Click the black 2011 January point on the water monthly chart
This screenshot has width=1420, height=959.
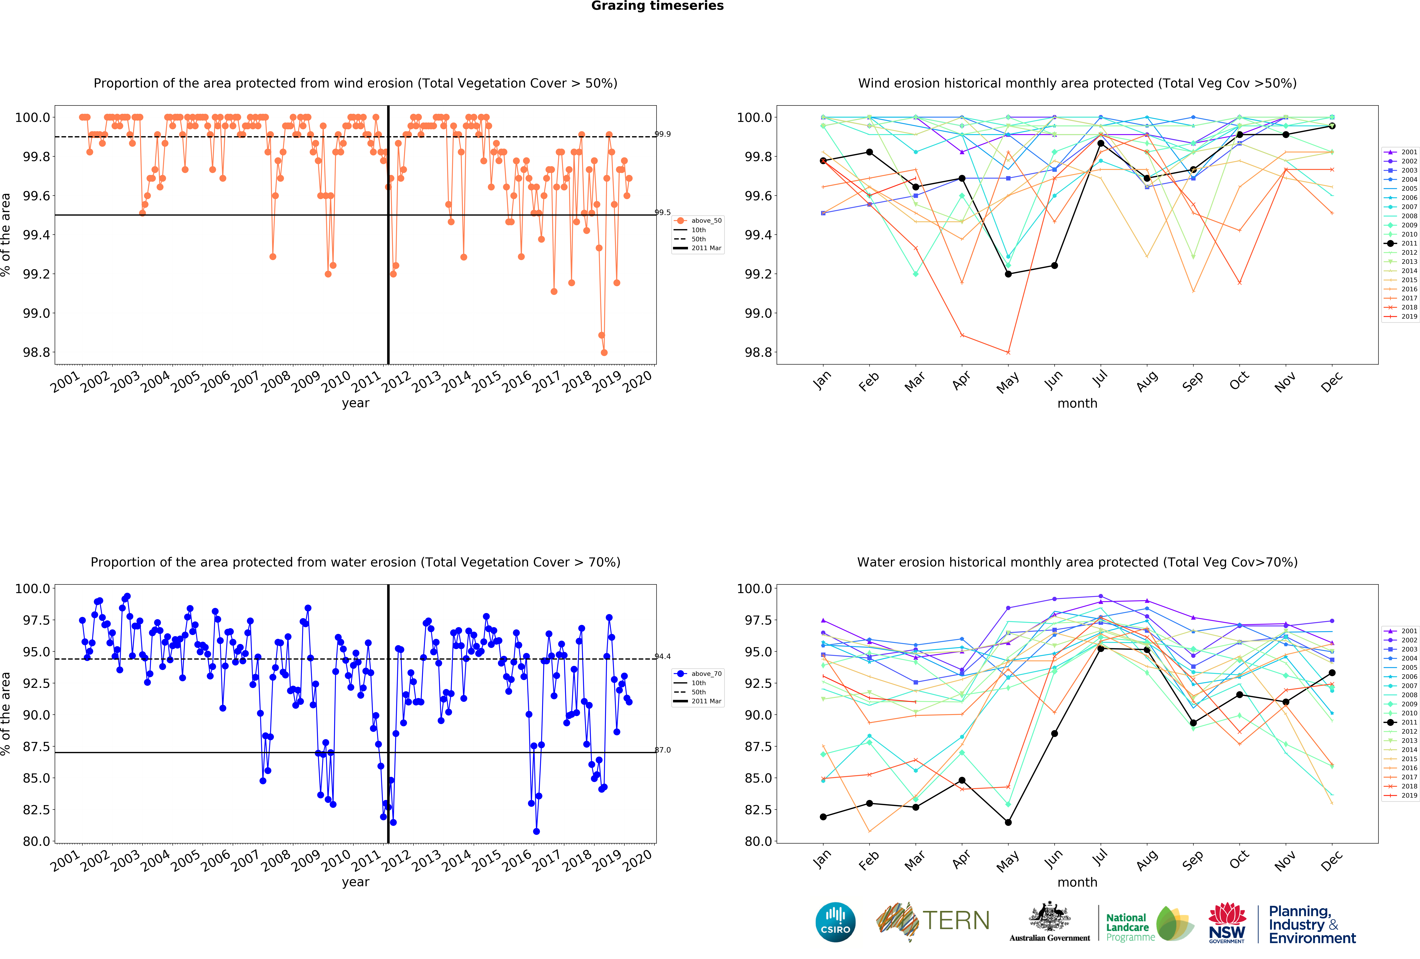point(823,817)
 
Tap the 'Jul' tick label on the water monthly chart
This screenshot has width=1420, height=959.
point(1100,858)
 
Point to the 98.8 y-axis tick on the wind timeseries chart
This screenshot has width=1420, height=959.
point(37,352)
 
